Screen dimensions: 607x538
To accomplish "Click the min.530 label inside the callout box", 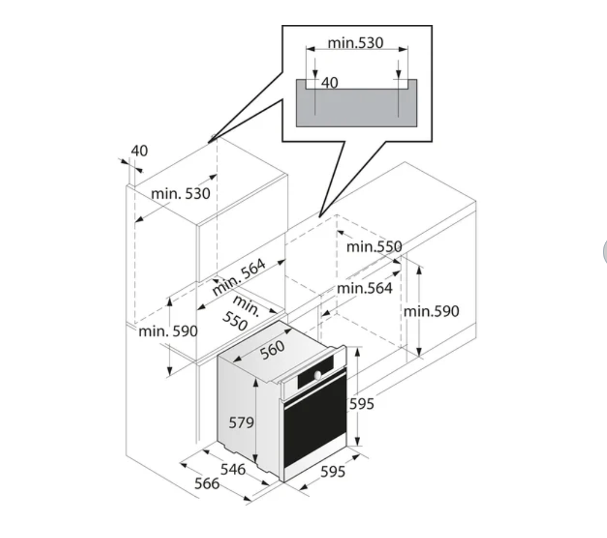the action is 355,42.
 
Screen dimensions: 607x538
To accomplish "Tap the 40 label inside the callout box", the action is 329,83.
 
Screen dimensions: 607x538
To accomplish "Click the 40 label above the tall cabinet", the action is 139,151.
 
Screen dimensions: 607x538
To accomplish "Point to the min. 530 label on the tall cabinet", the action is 181,193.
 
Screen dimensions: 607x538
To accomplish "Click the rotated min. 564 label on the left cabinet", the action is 239,276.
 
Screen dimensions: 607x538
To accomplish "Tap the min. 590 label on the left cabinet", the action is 168,331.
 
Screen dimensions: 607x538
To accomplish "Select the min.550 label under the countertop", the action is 374,247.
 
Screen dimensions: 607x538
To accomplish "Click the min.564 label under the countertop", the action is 364,288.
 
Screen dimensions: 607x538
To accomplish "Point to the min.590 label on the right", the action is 431,311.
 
